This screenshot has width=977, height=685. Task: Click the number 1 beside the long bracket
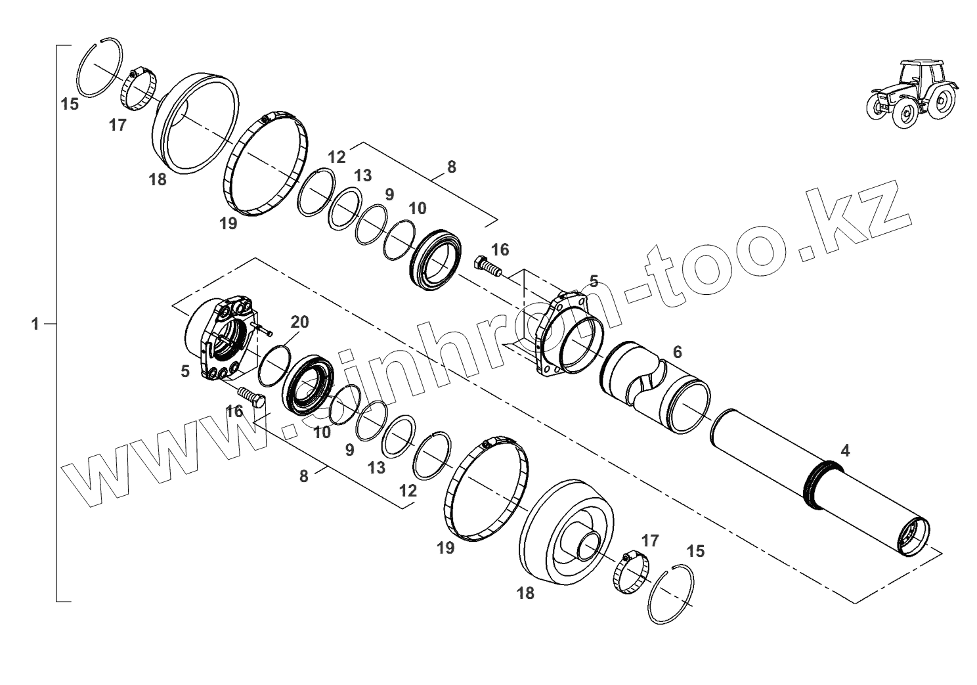pyautogui.click(x=35, y=324)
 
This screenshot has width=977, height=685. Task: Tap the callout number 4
pyautogui.click(x=845, y=451)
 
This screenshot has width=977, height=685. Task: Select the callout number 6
pyautogui.click(x=678, y=351)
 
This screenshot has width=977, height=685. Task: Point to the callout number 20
pyautogui.click(x=299, y=322)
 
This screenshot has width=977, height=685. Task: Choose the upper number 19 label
pyautogui.click(x=228, y=223)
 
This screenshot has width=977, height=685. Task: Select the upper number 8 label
pyautogui.click(x=451, y=167)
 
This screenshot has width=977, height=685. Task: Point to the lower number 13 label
pyautogui.click(x=376, y=468)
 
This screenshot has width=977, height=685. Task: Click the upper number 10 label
pyautogui.click(x=418, y=209)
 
